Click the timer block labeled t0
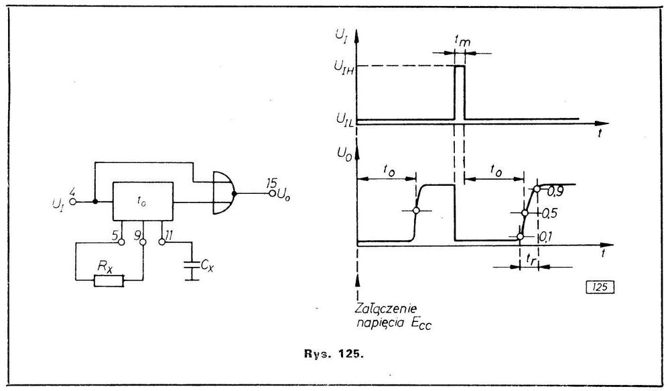click(141, 200)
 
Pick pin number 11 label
click(169, 235)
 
